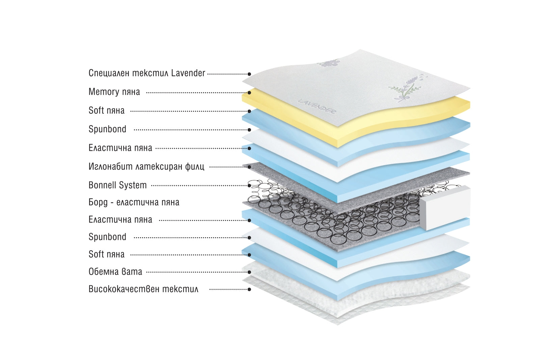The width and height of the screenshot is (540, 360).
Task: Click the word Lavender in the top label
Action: point(188,73)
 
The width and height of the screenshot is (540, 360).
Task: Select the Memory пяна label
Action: point(114,92)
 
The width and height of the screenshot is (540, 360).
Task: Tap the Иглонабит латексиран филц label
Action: point(146,166)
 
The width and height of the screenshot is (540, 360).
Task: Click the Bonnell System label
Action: point(117,185)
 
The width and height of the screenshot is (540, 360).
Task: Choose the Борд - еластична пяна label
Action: point(134,202)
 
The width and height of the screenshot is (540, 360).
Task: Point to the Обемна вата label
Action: point(115,272)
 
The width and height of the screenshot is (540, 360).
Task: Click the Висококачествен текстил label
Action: point(143,289)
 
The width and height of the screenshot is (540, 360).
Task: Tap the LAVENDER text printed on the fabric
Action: point(317,106)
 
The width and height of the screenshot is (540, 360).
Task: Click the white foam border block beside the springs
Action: point(445,207)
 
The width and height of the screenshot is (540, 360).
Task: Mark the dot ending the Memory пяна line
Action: point(249,92)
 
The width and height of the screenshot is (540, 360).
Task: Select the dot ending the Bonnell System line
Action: point(249,186)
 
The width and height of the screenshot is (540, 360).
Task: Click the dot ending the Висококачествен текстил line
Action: point(249,289)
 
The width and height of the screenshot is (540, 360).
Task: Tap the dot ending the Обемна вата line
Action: point(249,272)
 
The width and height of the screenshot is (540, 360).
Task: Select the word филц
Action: point(194,166)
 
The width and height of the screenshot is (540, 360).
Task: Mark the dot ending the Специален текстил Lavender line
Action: point(249,74)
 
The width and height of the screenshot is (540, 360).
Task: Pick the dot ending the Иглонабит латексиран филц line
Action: point(249,167)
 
